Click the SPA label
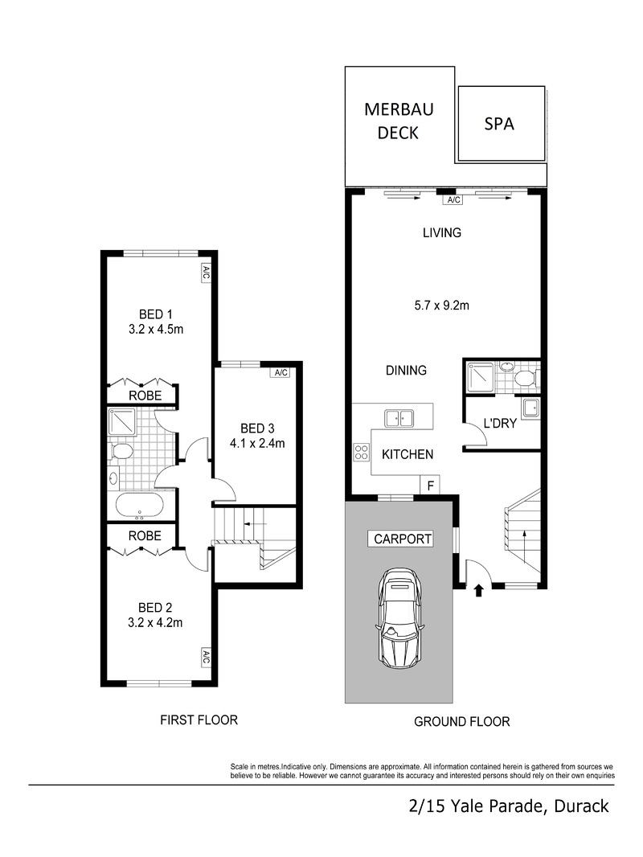coord(499,124)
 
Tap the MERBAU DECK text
coord(398,121)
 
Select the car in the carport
coord(399,618)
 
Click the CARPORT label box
coord(402,539)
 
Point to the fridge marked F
coord(430,485)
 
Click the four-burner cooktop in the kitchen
coord(361,452)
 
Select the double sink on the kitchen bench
coord(399,418)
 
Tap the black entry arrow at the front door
coord(478,590)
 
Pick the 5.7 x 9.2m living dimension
coord(441,305)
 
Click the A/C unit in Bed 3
coord(281,373)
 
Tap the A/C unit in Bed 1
coord(206,273)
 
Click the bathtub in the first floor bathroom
coord(139,506)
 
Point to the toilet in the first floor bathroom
coord(121,452)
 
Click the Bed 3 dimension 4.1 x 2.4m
coord(257,443)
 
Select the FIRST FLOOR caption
coord(199,720)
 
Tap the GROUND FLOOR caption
coord(461,721)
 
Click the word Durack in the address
coord(581,806)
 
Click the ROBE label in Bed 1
coord(145,396)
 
